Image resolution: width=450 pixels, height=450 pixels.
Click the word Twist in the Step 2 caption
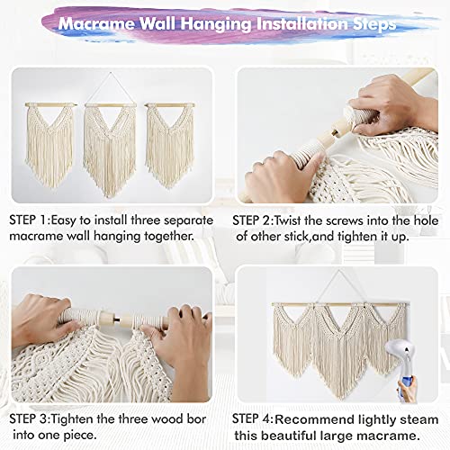(306, 220)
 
